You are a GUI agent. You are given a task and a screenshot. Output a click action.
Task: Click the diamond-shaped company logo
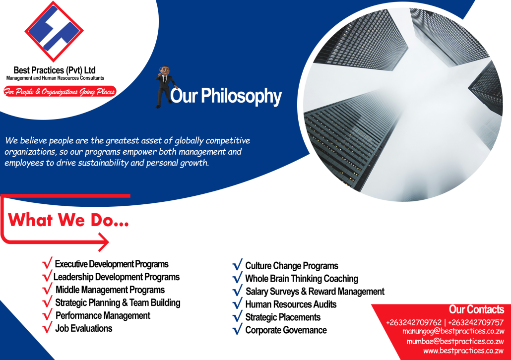pyautogui.click(x=54, y=31)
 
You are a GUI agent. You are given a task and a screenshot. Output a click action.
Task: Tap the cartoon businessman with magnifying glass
pyautogui.click(x=165, y=87)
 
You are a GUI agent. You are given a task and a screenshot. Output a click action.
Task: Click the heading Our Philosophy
pyautogui.click(x=226, y=96)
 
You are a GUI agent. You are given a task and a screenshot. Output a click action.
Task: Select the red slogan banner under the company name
pyautogui.click(x=60, y=92)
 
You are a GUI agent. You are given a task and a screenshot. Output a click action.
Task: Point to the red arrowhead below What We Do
pyautogui.click(x=104, y=242)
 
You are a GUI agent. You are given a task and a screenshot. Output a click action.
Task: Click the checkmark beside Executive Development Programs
pyautogui.click(x=47, y=263)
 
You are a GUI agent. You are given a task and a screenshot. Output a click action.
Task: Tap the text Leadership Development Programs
pyautogui.click(x=117, y=277)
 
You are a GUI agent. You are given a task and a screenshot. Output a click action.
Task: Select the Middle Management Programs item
pyautogui.click(x=110, y=290)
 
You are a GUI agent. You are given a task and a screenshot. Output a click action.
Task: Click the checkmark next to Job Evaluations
pyautogui.click(x=47, y=327)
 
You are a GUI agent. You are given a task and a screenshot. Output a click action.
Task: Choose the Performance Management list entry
pyautogui.click(x=103, y=315)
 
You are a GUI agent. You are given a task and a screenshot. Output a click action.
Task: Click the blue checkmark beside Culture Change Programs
pyautogui.click(x=238, y=264)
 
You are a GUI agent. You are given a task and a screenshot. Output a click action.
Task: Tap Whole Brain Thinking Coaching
pyautogui.click(x=302, y=279)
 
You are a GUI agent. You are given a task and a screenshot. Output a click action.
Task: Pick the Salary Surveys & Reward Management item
pyautogui.click(x=315, y=291)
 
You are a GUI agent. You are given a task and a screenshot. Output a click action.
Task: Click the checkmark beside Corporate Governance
pyautogui.click(x=238, y=329)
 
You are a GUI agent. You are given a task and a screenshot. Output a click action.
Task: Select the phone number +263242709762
pyautogui.click(x=414, y=322)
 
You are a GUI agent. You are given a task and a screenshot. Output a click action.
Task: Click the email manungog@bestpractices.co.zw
pyautogui.click(x=453, y=331)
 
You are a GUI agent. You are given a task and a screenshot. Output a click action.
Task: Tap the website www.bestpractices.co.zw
pyautogui.click(x=463, y=351)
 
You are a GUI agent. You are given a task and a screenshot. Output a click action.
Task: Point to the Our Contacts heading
pyautogui.click(x=476, y=309)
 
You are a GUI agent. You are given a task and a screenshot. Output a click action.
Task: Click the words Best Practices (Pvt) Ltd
pyautogui.click(x=55, y=70)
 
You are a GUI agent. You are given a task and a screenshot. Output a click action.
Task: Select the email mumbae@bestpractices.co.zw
pyautogui.click(x=455, y=342)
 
